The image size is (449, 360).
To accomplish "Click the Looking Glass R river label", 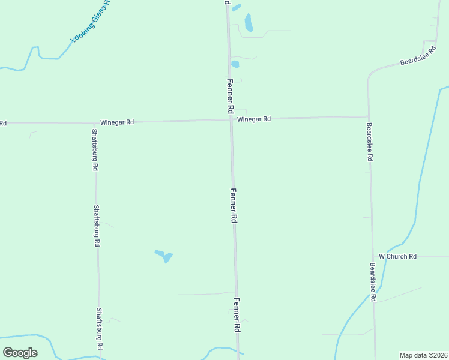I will point(91,22).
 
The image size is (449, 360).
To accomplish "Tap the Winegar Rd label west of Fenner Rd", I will point(117,122).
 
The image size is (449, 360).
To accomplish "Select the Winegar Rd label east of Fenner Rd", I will point(253,119).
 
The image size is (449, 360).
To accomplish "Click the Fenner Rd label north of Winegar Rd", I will point(229,96).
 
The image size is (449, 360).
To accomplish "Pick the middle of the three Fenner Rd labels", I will point(234,206).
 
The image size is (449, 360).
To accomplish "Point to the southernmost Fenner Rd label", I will point(237,316).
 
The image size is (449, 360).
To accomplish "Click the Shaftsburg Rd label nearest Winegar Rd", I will point(95,150).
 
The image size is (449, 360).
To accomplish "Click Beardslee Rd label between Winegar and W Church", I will point(370,142).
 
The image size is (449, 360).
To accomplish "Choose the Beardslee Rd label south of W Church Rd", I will point(373,281).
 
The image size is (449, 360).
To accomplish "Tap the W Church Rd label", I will point(397,257).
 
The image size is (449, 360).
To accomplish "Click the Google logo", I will point(20,353).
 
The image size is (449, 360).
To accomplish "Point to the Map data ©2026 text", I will point(423,355).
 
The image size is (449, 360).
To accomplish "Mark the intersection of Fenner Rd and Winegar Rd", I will point(231,119).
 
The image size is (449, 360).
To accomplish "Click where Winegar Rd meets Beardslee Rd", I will point(369,116).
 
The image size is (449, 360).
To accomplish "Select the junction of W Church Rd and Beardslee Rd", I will point(372,257).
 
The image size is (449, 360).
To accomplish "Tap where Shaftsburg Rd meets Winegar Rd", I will point(94,122).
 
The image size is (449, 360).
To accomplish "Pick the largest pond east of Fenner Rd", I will point(249,23).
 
